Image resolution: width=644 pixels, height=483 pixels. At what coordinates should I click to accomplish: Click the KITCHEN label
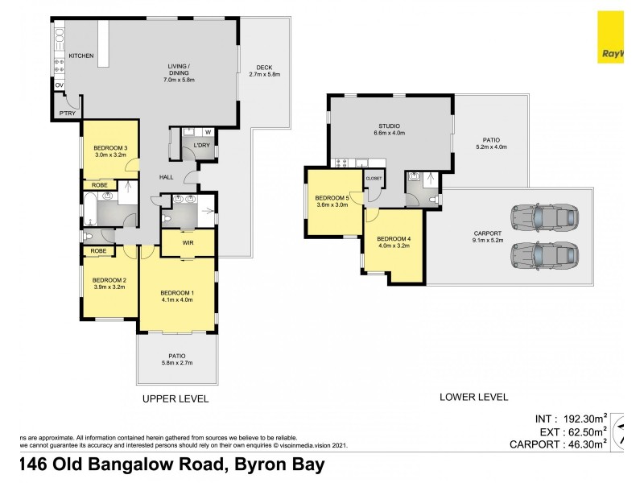[x=81, y=56]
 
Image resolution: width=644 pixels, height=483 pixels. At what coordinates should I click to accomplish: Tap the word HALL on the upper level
[x=166, y=177]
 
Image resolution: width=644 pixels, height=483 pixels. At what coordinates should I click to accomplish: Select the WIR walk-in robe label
[x=187, y=242]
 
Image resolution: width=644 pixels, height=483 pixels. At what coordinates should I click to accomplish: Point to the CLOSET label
[x=374, y=178]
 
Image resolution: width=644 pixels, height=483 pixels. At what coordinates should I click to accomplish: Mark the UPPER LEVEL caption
[x=175, y=398]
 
